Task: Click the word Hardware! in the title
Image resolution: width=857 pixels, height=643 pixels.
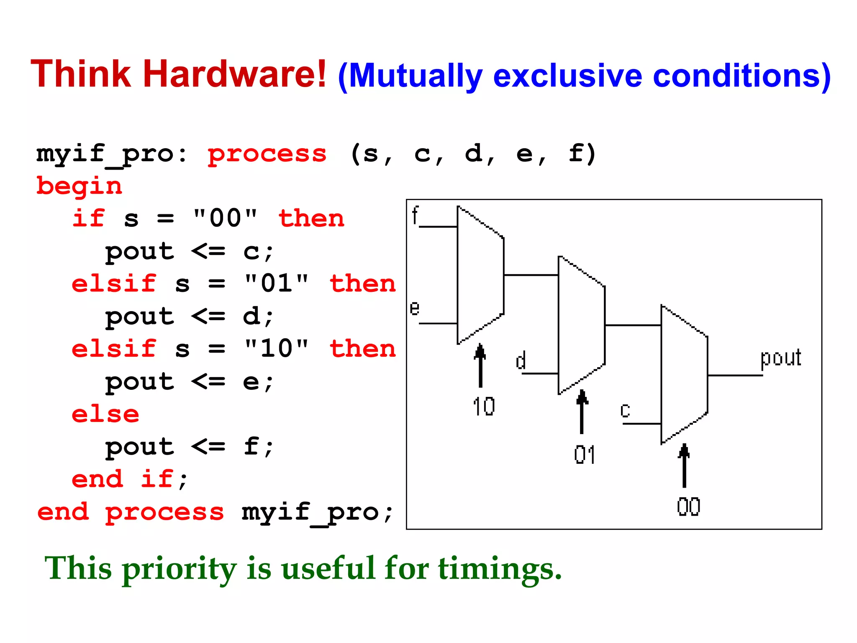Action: tap(234, 75)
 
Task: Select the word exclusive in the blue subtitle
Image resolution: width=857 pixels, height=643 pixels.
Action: tap(567, 76)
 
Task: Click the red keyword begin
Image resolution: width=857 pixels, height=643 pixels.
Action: tap(79, 186)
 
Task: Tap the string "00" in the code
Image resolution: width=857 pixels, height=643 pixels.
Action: tap(225, 218)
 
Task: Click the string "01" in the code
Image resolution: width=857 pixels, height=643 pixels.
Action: tap(277, 283)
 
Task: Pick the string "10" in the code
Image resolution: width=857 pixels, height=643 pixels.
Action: tap(277, 348)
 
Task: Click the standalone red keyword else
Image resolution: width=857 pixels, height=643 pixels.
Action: tap(105, 414)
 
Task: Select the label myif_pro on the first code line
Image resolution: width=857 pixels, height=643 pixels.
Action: tap(105, 154)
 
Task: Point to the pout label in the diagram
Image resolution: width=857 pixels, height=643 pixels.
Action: tap(780, 358)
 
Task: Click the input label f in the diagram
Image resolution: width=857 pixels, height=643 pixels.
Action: tap(415, 215)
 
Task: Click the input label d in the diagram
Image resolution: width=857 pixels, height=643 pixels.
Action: tap(521, 360)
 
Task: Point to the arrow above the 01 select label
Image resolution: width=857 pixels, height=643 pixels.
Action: tap(582, 411)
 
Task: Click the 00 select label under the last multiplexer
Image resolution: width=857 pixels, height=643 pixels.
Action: tap(688, 507)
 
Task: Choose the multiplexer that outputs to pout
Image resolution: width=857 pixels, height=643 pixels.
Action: tap(684, 375)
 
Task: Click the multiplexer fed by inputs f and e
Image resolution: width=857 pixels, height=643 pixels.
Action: tap(480, 275)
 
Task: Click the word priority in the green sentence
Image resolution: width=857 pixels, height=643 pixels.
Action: tap(180, 570)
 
